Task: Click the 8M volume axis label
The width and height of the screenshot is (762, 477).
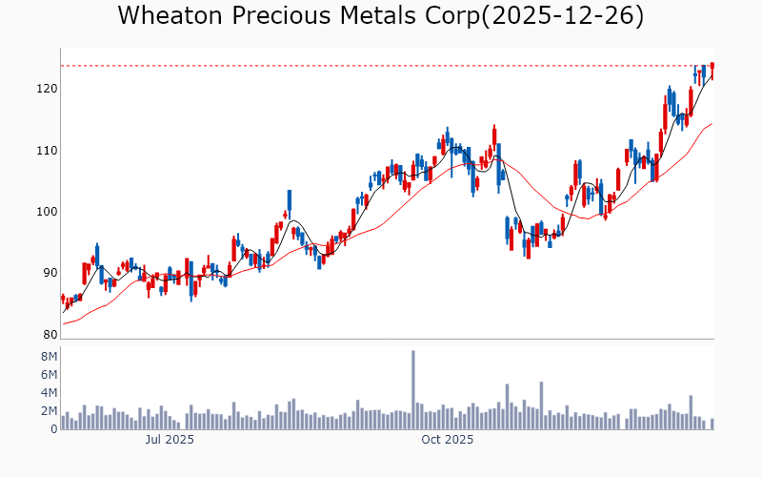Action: [48, 356]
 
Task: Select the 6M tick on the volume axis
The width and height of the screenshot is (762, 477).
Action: [48, 374]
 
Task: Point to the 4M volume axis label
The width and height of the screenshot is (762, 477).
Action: [48, 392]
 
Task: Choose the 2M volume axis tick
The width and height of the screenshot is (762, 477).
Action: [48, 411]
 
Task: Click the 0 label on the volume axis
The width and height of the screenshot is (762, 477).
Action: [53, 429]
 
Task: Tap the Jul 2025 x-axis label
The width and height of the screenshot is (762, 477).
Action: [170, 440]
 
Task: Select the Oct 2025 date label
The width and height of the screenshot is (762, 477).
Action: [448, 440]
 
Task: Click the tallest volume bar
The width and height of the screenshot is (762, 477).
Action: [413, 390]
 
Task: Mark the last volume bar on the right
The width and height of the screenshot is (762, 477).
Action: [712, 424]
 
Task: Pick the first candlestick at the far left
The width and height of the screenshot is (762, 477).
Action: [63, 299]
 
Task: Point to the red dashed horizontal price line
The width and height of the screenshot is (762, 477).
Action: [381, 66]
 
